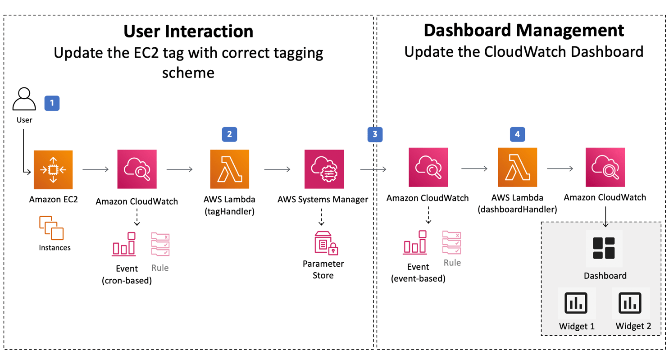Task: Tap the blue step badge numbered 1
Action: tap(52, 103)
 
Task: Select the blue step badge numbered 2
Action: tap(229, 134)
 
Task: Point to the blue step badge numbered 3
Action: tap(375, 134)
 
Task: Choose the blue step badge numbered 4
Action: tap(517, 134)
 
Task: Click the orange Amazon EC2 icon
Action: tap(53, 169)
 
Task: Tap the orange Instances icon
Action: tap(51, 228)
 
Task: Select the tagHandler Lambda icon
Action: tap(229, 169)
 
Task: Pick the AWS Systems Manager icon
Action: tap(323, 169)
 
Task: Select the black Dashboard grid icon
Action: tap(604, 248)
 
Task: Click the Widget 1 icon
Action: tap(577, 302)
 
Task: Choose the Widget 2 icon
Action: tap(630, 302)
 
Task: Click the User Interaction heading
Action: tap(188, 31)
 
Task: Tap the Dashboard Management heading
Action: tap(523, 30)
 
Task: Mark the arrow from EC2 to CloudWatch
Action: tap(96, 169)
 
